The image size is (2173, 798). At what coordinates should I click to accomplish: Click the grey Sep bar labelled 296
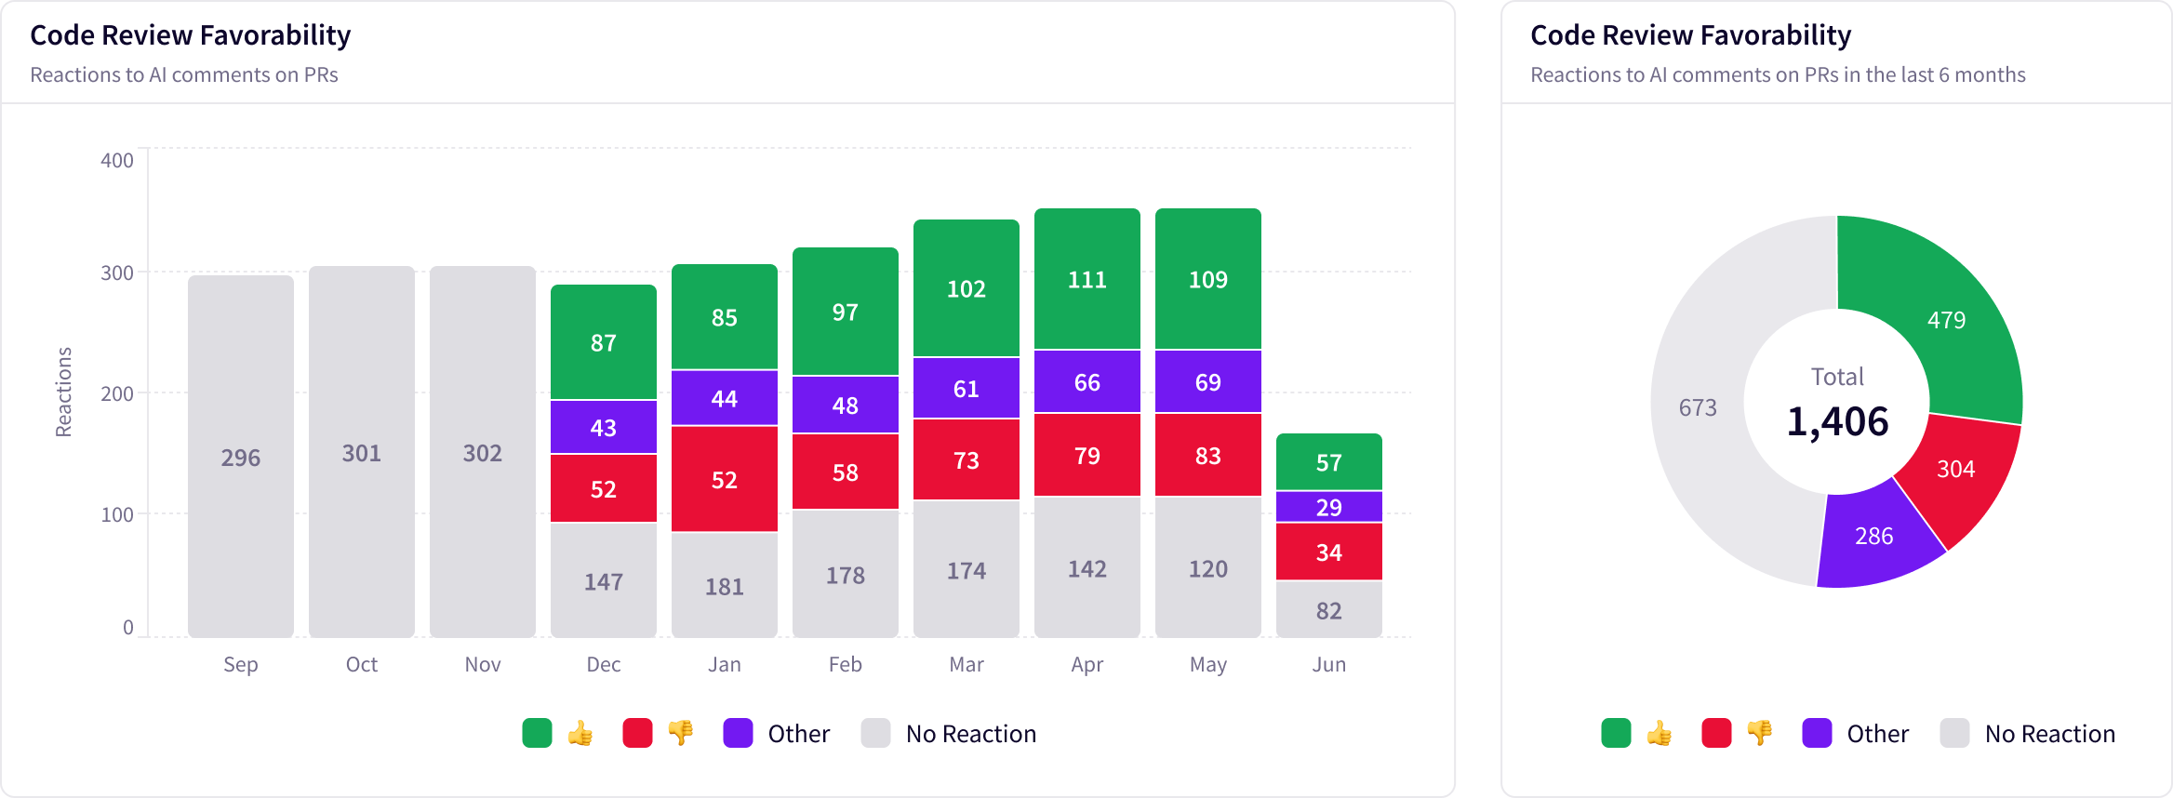click(x=240, y=457)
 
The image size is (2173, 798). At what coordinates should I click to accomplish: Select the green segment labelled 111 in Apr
click(x=1086, y=279)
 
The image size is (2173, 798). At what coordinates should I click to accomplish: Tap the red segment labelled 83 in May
click(x=1207, y=455)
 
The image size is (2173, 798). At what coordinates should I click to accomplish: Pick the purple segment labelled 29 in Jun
click(x=1328, y=506)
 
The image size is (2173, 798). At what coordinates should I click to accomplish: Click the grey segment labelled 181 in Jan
click(x=724, y=585)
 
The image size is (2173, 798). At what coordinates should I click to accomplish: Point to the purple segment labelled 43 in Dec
click(x=603, y=427)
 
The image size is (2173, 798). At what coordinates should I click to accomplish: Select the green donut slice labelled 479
click(x=1946, y=320)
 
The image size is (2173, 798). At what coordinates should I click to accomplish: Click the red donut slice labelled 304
click(x=1955, y=469)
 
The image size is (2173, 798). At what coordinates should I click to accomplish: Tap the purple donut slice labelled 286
click(x=1873, y=536)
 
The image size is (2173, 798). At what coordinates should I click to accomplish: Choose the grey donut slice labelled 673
click(x=1698, y=407)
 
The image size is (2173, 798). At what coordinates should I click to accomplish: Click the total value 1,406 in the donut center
click(x=1837, y=421)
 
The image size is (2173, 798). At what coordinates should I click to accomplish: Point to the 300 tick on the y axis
click(x=117, y=273)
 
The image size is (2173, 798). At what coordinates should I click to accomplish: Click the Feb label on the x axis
click(x=845, y=664)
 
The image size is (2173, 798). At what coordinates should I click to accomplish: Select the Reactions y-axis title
click(x=63, y=392)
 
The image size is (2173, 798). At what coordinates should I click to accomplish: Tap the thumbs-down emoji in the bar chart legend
click(x=681, y=733)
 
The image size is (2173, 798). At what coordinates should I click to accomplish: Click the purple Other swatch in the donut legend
click(x=1817, y=733)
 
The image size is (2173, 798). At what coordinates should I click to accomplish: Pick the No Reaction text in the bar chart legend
click(x=970, y=734)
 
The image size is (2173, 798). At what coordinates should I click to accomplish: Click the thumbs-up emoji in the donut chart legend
click(x=1660, y=733)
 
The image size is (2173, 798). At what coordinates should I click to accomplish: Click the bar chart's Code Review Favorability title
click(x=190, y=35)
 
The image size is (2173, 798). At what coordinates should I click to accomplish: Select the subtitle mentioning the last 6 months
click(x=1777, y=74)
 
